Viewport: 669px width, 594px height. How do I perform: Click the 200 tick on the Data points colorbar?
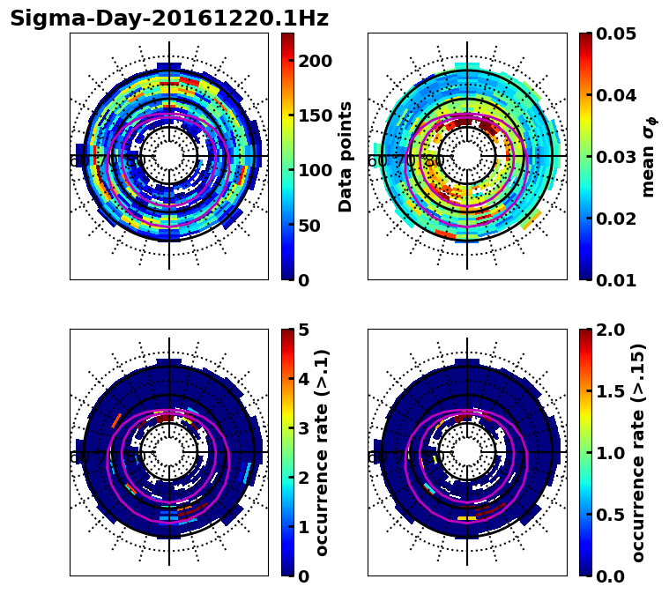pyautogui.click(x=315, y=61)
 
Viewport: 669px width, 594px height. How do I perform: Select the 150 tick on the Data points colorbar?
pyautogui.click(x=315, y=115)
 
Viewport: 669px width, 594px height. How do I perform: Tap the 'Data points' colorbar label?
pyautogui.click(x=346, y=156)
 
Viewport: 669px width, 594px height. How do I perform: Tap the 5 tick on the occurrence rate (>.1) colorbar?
pyautogui.click(x=304, y=330)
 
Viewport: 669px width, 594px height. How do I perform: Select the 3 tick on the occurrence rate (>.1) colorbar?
pyautogui.click(x=304, y=429)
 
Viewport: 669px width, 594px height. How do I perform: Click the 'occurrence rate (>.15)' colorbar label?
pyautogui.click(x=638, y=452)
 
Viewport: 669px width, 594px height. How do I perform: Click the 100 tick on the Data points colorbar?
pyautogui.click(x=315, y=171)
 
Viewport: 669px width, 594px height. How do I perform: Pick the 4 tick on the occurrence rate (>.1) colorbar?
pyautogui.click(x=304, y=380)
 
